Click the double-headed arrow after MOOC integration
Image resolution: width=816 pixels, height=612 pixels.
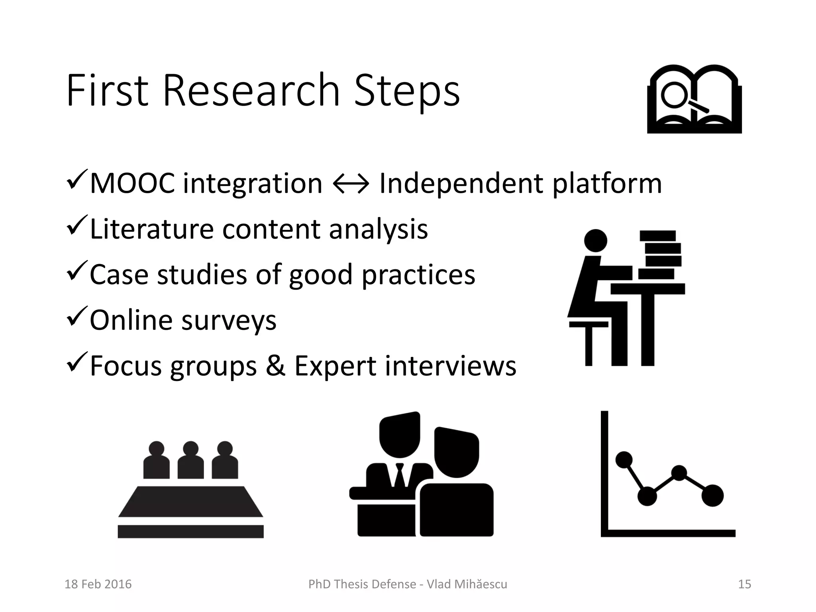point(351,184)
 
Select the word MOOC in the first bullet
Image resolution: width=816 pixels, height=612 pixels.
point(132,184)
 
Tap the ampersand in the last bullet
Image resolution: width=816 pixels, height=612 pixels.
point(275,366)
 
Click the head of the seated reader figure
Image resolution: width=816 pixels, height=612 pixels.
point(595,241)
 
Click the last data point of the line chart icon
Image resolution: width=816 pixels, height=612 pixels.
point(712,495)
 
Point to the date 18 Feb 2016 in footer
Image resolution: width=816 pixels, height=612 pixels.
point(98,584)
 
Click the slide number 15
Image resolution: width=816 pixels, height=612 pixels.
point(744,584)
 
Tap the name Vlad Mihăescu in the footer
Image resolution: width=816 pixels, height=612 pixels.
point(467,584)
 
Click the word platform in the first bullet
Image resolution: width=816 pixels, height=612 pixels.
point(607,184)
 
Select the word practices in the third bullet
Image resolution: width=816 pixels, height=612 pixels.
point(418,275)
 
